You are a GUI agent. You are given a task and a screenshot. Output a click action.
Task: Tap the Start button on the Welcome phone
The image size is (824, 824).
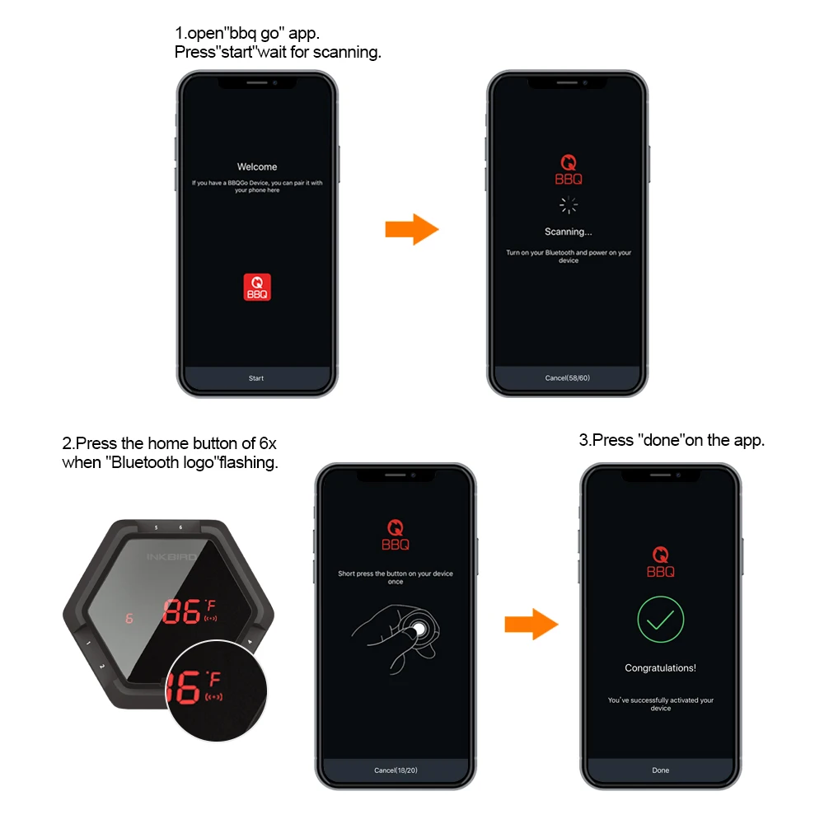click(x=256, y=378)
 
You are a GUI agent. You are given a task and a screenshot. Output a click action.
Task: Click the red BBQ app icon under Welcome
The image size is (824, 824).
click(x=257, y=287)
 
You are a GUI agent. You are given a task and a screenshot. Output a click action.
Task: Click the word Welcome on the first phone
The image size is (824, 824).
click(x=257, y=166)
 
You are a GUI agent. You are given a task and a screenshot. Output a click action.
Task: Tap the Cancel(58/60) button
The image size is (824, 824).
click(x=568, y=378)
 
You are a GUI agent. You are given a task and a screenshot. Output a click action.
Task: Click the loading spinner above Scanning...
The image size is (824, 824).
click(x=568, y=206)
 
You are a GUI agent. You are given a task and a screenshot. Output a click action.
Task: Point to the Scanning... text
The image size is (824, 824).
click(x=568, y=232)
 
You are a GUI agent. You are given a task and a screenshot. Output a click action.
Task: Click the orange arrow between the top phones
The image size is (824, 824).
click(x=411, y=229)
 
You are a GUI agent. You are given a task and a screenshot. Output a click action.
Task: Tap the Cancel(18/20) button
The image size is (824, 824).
click(x=396, y=770)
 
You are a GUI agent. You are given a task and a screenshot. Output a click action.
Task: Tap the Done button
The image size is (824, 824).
click(x=661, y=770)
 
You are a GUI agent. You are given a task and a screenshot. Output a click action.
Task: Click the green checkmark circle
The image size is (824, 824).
click(x=661, y=620)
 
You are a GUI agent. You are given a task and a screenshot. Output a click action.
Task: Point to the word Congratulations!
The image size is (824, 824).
click(x=661, y=668)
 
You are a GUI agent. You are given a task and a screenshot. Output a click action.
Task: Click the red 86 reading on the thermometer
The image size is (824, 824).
click(x=180, y=611)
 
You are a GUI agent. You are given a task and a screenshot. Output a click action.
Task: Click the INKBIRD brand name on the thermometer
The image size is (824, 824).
click(x=171, y=557)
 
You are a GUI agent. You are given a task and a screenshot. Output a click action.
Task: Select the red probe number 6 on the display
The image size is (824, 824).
click(x=129, y=618)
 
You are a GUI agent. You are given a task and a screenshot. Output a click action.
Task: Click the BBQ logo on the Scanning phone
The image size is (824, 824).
click(x=568, y=171)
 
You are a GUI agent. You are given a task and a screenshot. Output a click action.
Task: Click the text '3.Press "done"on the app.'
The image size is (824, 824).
click(x=672, y=440)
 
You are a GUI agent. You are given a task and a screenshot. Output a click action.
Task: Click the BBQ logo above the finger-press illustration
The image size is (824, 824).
click(x=396, y=536)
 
